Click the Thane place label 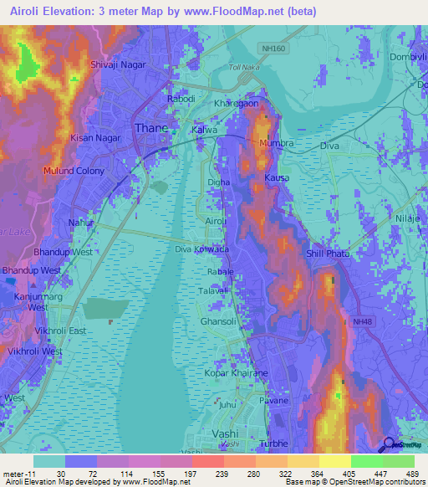(x=151, y=128)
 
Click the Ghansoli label (x=219, y=320)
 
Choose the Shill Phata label (x=326, y=254)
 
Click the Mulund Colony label (x=75, y=171)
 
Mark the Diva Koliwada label (x=201, y=249)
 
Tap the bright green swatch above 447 (x=367, y=461)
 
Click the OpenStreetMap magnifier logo (x=388, y=445)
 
